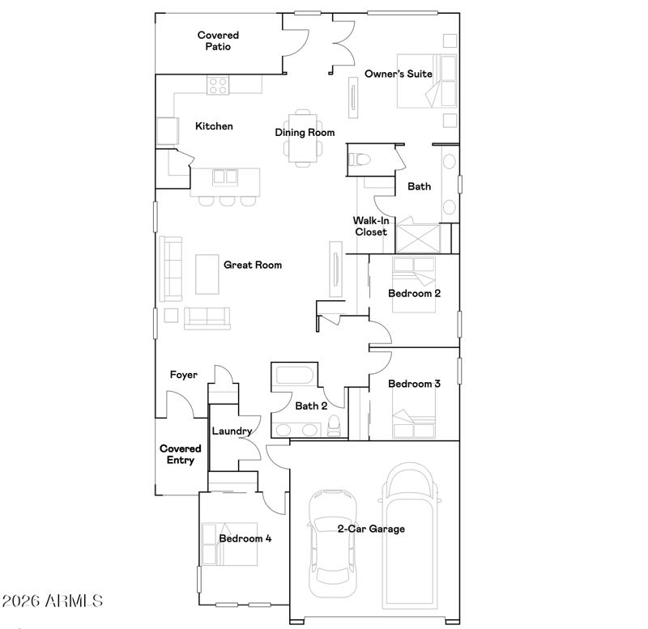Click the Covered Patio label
tap(218, 41)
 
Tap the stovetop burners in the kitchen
tap(218, 85)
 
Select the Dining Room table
tap(303, 138)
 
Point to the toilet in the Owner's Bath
tap(359, 159)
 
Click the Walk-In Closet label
tap(371, 227)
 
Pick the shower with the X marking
tap(418, 238)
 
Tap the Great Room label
tap(253, 265)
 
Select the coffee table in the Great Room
tap(207, 274)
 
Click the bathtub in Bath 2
tap(295, 376)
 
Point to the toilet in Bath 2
tap(334, 425)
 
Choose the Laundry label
tap(232, 431)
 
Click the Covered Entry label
tap(180, 454)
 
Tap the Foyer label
tap(184, 375)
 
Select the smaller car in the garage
tap(333, 543)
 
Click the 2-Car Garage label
tap(371, 529)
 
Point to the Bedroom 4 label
tap(245, 538)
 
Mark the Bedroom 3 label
tap(414, 384)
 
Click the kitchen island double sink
tap(225, 176)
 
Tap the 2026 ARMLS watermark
tap(53, 601)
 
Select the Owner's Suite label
tap(399, 74)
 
